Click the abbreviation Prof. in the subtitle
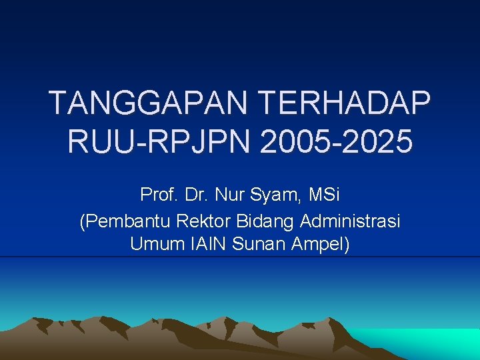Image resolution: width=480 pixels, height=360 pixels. pos(157,195)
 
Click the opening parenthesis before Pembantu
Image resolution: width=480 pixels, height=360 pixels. pos(82,221)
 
